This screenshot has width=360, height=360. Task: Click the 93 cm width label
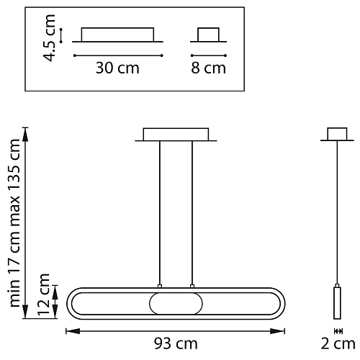pyautogui.click(x=176, y=343)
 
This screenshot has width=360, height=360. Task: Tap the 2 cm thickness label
pyautogui.click(x=338, y=343)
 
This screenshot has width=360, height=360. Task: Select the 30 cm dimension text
pyautogui.click(x=117, y=68)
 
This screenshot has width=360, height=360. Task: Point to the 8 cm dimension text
pyautogui.click(x=208, y=68)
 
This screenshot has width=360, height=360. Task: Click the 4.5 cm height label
pyautogui.click(x=49, y=37)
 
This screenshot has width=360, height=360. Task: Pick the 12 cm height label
pyautogui.click(x=43, y=294)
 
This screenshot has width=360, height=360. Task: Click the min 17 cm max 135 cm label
pyautogui.click(x=14, y=223)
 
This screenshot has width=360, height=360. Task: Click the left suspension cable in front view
pyautogui.click(x=160, y=212)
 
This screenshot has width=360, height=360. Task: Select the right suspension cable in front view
pyautogui.click(x=192, y=212)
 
